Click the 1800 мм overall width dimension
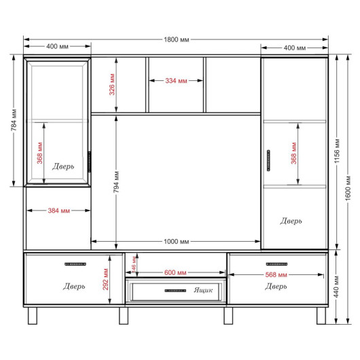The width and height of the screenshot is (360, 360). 177,39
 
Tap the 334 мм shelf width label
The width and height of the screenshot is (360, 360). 176,81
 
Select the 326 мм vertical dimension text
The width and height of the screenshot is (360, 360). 112,84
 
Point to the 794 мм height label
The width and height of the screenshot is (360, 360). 116,182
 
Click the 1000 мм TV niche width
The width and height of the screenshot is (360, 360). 177,242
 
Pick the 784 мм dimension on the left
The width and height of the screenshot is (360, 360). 14,120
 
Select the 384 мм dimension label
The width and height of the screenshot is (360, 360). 59,211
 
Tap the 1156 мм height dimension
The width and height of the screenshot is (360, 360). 337,151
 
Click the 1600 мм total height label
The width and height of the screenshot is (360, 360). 348,187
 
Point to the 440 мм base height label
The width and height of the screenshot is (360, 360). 336,287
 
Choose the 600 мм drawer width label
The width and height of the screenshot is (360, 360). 175,272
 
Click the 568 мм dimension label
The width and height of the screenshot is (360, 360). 276,274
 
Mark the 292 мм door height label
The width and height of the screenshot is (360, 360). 105,279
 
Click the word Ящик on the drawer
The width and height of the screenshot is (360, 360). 203,290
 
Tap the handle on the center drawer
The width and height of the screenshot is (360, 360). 175,291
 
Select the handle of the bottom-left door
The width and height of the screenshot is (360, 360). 75,264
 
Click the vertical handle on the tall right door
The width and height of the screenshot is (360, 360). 268,160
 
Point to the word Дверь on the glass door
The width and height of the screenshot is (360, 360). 63,166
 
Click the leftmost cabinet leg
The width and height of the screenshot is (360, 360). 33,316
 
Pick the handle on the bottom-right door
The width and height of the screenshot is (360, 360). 276,264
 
